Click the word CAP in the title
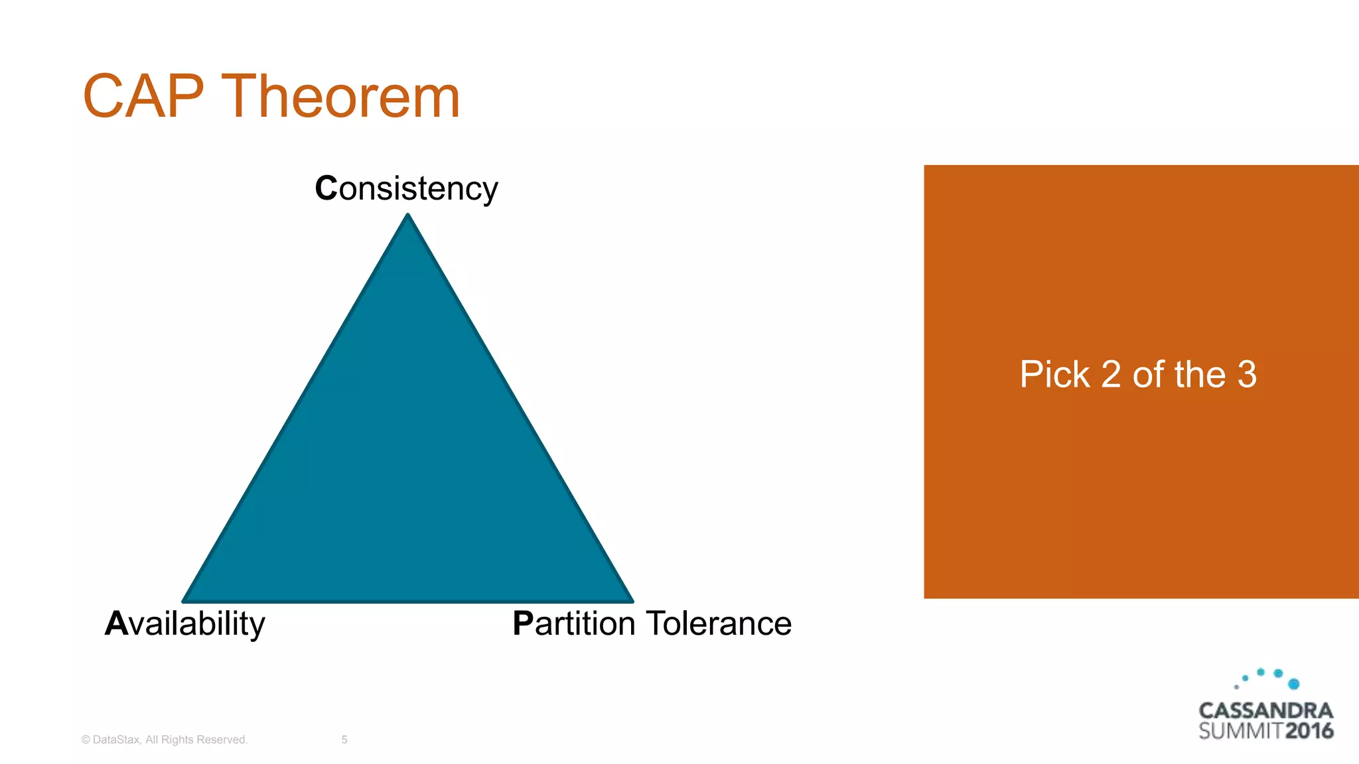coord(143,97)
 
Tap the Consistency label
coord(406,188)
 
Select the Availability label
coord(185,623)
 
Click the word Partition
coord(574,623)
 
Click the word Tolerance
coord(719,623)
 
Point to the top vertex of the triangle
coord(408,216)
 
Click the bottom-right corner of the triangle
coord(631,600)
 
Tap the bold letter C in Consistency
coord(326,188)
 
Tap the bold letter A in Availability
coord(116,623)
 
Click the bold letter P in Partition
coord(523,623)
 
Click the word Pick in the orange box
coord(1054,375)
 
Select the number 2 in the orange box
coord(1111,375)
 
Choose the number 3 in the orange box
coord(1247,375)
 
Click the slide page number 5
coord(344,739)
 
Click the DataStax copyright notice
coord(165,739)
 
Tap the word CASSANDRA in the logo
coord(1265,711)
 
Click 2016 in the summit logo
coord(1309,732)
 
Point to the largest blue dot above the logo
coord(1293,684)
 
